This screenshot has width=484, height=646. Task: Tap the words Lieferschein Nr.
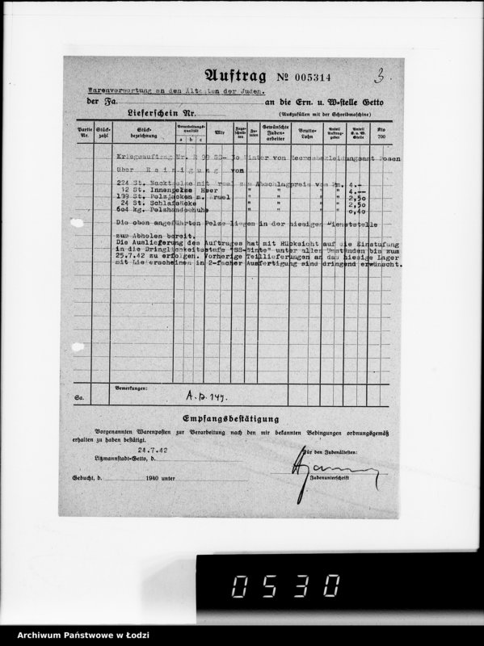(x=160, y=115)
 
